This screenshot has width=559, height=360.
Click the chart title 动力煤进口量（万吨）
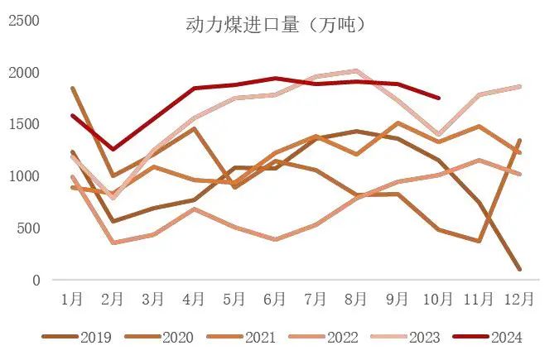276,25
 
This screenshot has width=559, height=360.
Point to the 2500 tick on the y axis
24,20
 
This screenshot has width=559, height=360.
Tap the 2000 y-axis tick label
24,72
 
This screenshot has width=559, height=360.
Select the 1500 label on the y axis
24,124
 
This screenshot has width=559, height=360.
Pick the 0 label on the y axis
36,281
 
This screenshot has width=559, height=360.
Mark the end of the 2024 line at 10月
438,98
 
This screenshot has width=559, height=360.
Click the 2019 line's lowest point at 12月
519,269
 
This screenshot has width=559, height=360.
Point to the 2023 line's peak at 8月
357,71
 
